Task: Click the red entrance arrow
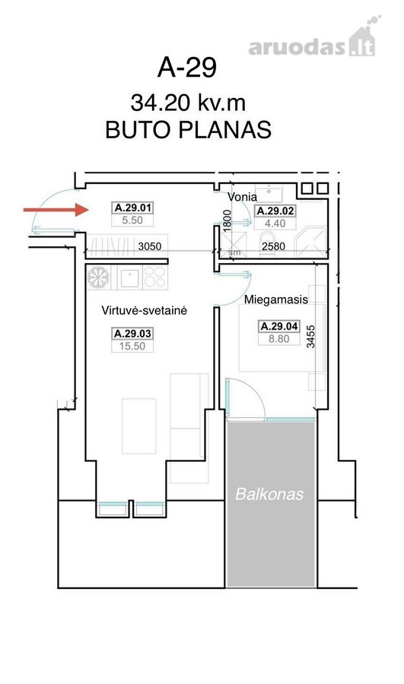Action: coord(56,210)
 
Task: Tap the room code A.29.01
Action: coord(133,207)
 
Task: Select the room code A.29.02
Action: coord(275,211)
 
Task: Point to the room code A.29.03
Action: coord(132,334)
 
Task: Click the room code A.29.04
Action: coord(279,326)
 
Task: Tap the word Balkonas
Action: coord(269,494)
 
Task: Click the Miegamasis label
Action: coord(275,299)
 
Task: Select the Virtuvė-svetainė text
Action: coord(144,311)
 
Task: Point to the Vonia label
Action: coord(242,197)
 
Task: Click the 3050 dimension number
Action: coord(149,246)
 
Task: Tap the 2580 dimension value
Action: coord(273,246)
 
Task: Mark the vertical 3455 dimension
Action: coord(310,337)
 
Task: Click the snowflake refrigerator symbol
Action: coord(98,277)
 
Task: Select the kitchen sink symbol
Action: coord(129,278)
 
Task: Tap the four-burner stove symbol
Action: coord(155,277)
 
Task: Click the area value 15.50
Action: coord(132,347)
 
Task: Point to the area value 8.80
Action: coord(278,339)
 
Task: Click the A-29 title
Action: coord(187,68)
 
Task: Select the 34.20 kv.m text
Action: coord(188,103)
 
